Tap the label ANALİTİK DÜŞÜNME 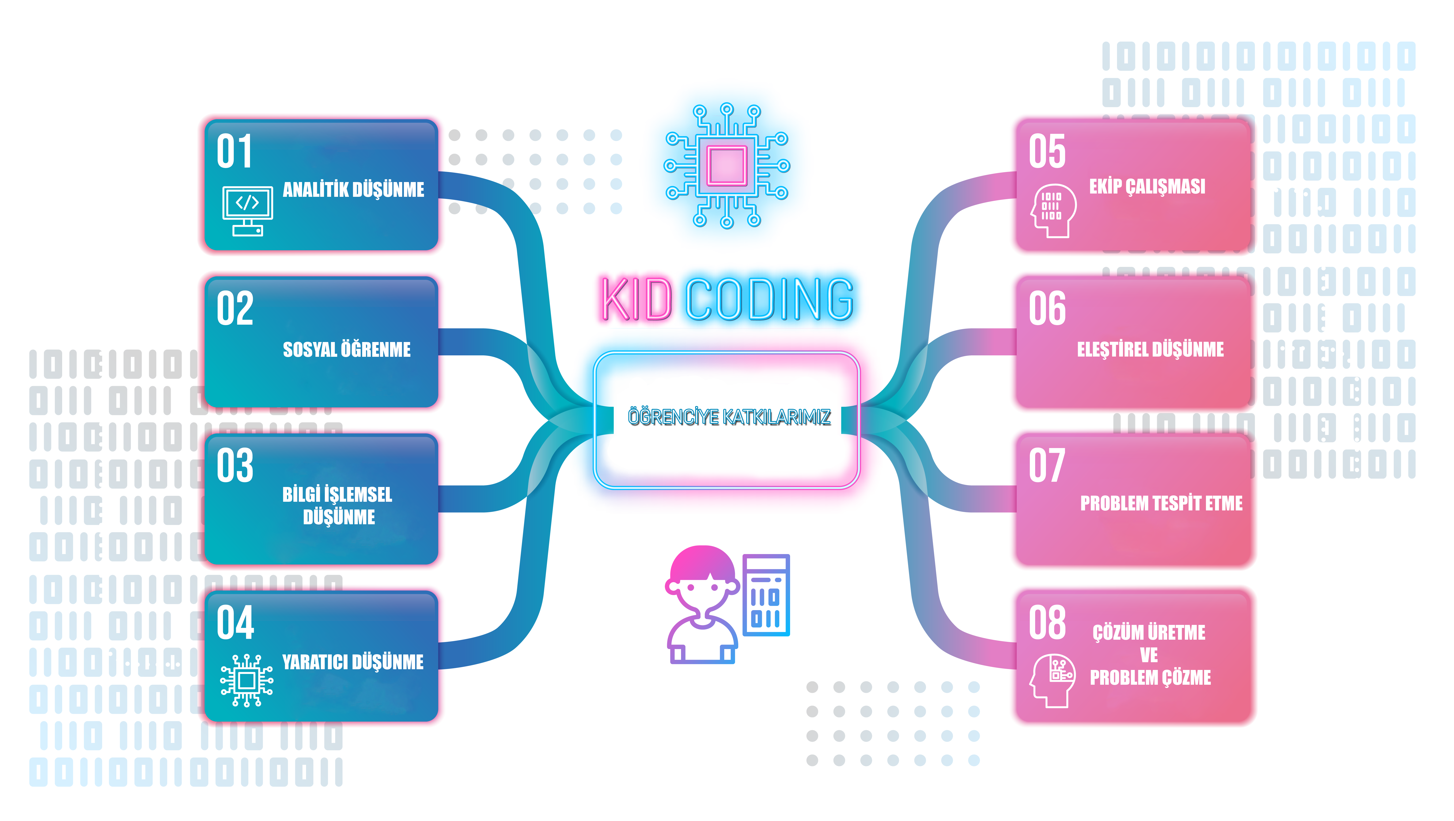coord(353,190)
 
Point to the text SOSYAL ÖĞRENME coord(347,350)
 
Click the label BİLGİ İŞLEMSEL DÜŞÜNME coord(337,505)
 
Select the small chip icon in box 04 coord(247,680)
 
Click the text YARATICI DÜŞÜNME coord(353,662)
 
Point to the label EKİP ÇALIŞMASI coord(1147,186)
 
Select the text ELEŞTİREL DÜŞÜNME coord(1150,350)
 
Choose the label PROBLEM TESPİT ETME coord(1161,503)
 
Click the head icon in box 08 coord(1052,680)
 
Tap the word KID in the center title coord(637,299)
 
